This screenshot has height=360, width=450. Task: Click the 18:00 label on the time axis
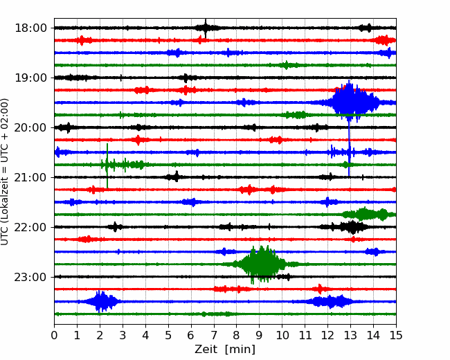click(30, 28)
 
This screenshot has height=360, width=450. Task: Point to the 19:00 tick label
click(30, 78)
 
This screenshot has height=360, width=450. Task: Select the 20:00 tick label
click(30, 127)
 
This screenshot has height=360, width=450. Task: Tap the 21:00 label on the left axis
click(30, 177)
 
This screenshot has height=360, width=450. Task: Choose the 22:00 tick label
click(30, 227)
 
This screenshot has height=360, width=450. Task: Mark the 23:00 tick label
click(30, 277)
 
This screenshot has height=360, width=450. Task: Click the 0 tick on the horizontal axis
click(54, 335)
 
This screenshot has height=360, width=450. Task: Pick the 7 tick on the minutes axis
click(214, 335)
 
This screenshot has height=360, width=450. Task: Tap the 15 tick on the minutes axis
click(396, 335)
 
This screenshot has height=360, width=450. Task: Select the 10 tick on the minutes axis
click(282, 335)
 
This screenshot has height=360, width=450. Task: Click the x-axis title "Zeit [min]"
click(225, 350)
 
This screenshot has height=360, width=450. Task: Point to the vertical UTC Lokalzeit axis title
click(5, 172)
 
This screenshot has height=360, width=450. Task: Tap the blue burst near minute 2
click(100, 301)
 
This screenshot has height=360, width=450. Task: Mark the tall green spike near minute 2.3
click(107, 165)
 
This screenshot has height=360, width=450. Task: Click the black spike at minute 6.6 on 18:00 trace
click(206, 28)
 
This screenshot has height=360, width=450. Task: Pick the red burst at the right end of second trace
click(384, 40)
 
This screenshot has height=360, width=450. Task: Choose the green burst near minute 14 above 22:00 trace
click(369, 214)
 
